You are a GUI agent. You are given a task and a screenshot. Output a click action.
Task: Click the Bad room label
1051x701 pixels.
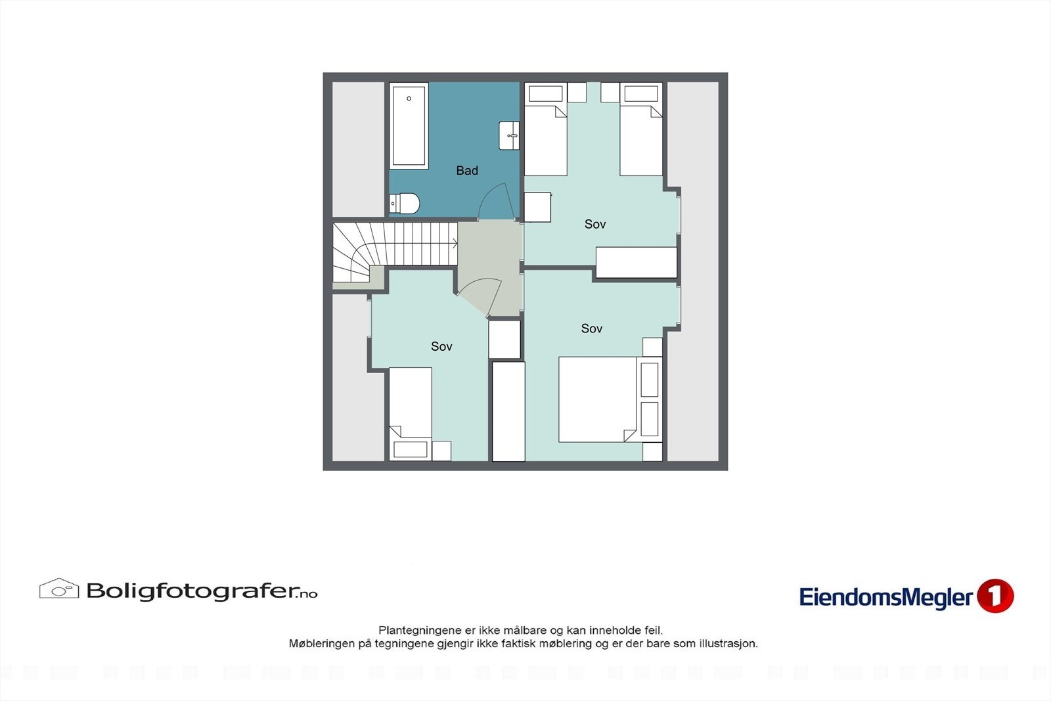click(467, 171)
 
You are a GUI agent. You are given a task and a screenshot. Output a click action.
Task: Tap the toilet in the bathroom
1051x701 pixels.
click(405, 204)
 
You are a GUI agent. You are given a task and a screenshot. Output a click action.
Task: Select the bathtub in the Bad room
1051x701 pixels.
click(409, 125)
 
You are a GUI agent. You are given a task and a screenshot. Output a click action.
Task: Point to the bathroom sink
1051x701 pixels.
click(509, 135)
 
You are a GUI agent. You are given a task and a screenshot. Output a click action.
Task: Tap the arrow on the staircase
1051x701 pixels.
click(454, 243)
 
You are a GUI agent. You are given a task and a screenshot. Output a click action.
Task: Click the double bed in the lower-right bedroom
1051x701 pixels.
click(598, 399)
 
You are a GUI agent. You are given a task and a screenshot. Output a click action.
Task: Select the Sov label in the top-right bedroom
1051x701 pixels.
click(595, 224)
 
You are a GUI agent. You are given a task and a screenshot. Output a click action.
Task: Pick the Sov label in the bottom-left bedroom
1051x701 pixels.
click(441, 346)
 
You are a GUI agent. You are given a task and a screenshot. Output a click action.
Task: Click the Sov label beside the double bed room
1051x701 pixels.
click(592, 328)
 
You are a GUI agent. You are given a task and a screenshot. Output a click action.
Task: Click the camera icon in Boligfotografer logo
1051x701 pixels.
click(59, 589)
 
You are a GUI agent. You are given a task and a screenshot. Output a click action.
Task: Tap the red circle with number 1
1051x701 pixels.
click(995, 596)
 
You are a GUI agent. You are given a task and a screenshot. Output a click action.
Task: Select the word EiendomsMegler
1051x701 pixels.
click(885, 598)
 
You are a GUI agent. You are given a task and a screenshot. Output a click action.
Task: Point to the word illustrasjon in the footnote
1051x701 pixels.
click(728, 644)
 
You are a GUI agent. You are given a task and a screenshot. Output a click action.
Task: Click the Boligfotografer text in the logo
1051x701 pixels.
click(190, 591)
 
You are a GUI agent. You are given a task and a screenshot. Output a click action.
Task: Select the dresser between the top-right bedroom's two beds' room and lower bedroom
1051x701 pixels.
click(636, 263)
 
